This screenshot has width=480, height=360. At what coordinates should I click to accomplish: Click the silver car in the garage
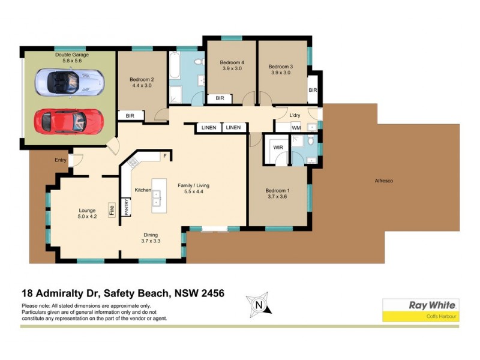(x=69, y=81)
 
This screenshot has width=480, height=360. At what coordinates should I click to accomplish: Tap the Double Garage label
(x=72, y=58)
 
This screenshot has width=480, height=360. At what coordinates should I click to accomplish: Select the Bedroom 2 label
(x=142, y=82)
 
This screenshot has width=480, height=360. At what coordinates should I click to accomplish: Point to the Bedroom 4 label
(x=232, y=66)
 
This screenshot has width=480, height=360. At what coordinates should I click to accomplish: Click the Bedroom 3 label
(x=280, y=70)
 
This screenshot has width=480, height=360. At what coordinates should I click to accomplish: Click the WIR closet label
(x=278, y=147)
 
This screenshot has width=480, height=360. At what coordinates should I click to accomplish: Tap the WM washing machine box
(x=296, y=128)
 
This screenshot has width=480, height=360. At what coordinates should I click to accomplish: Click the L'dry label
(x=295, y=115)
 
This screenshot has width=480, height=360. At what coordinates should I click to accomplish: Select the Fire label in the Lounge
(x=112, y=210)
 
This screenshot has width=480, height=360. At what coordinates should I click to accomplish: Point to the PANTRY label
(x=127, y=207)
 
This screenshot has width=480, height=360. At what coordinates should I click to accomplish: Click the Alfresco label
(x=383, y=181)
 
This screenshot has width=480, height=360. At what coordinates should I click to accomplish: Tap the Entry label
(x=61, y=160)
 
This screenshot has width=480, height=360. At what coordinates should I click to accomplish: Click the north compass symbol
(x=259, y=305)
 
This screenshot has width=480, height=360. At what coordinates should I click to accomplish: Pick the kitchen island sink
(x=156, y=198)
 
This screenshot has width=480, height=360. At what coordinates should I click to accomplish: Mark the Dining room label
(x=151, y=238)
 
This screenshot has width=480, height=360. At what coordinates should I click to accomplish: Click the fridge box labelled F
(x=164, y=156)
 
